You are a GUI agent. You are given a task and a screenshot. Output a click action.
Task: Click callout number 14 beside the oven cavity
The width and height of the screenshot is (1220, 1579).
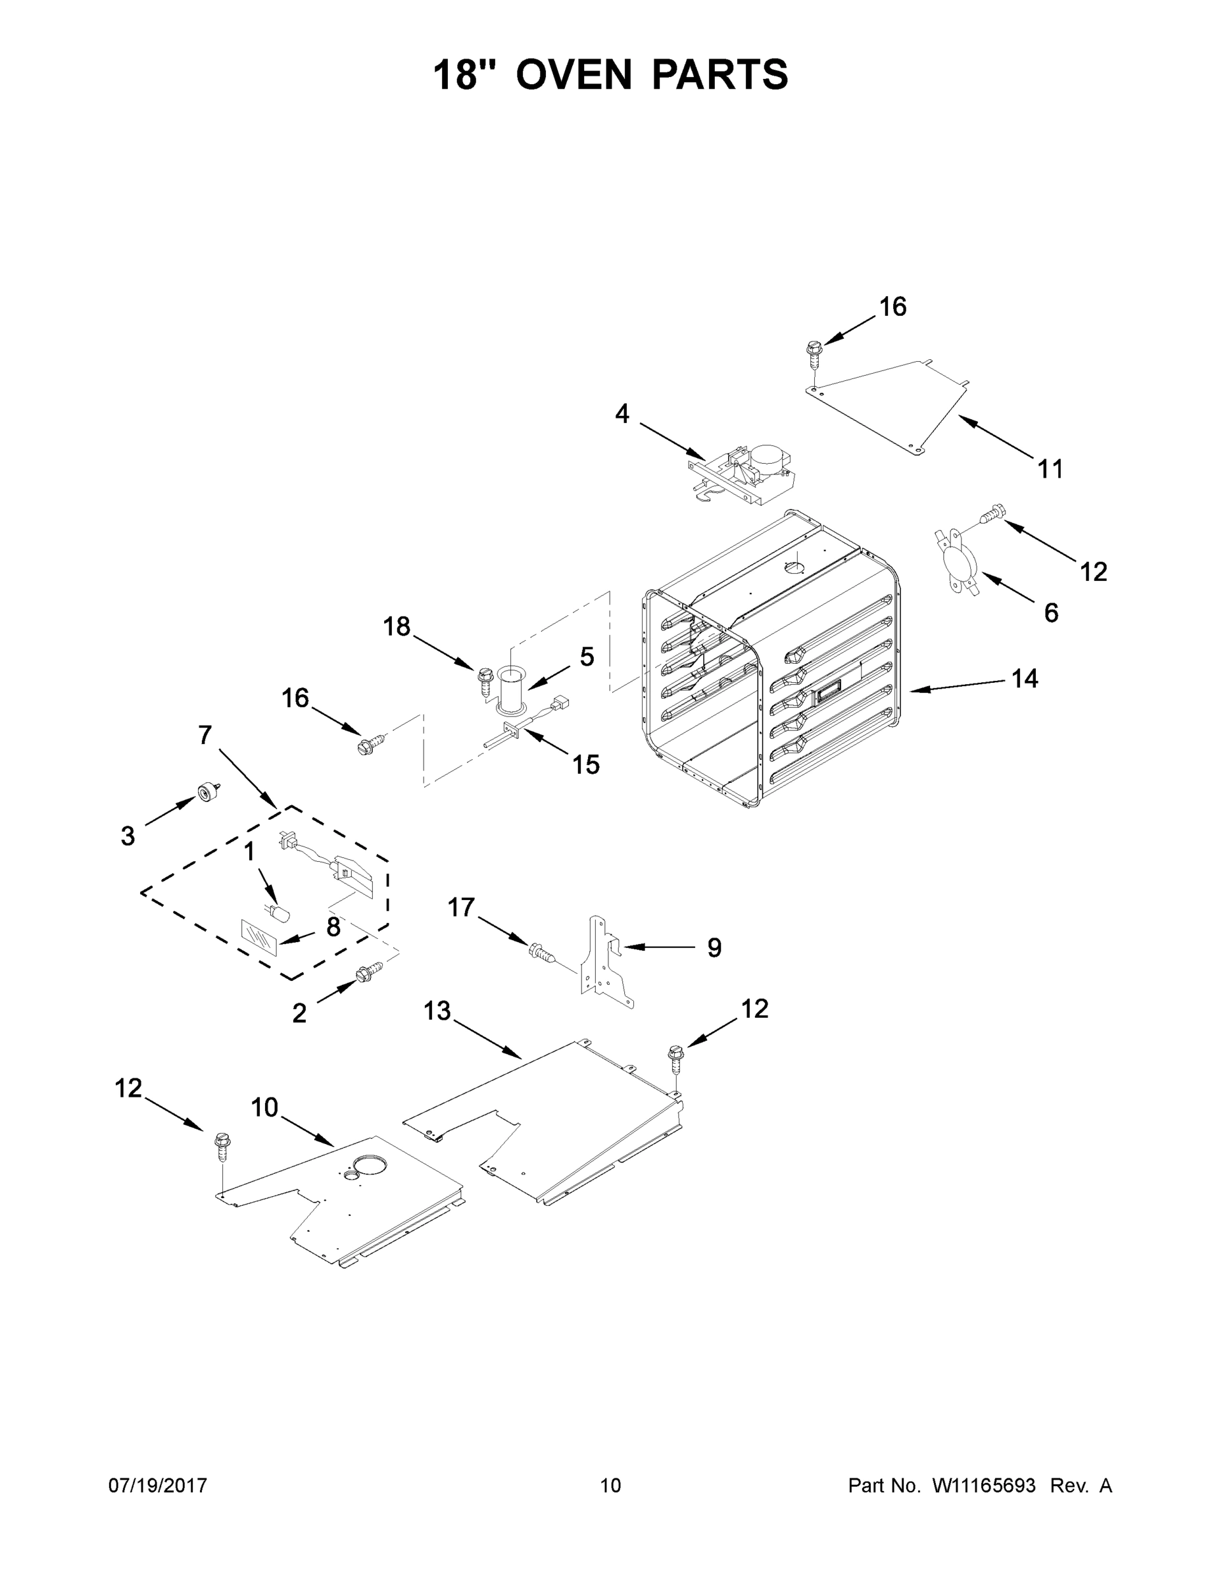coord(1024,678)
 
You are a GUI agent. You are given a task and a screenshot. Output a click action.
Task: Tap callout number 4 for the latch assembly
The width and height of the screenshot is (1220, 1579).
coord(622,414)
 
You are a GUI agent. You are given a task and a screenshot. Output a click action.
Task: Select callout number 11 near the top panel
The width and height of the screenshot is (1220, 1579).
coord(1051,469)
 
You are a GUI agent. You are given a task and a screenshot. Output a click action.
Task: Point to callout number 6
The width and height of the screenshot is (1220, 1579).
coord(1051,613)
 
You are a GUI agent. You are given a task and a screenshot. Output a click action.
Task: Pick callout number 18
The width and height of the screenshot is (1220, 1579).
coord(396,626)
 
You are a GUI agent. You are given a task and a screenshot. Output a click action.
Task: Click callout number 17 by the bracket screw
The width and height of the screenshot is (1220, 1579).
coord(461,907)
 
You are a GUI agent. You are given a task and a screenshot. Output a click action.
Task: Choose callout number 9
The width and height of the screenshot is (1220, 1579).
coord(714,947)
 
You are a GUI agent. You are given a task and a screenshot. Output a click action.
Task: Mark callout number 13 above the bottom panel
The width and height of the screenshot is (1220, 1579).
coord(437,1011)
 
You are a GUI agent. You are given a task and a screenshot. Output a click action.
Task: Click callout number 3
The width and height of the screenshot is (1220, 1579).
coord(128,836)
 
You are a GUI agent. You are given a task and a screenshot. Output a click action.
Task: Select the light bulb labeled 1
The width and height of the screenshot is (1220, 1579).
coord(279,913)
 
